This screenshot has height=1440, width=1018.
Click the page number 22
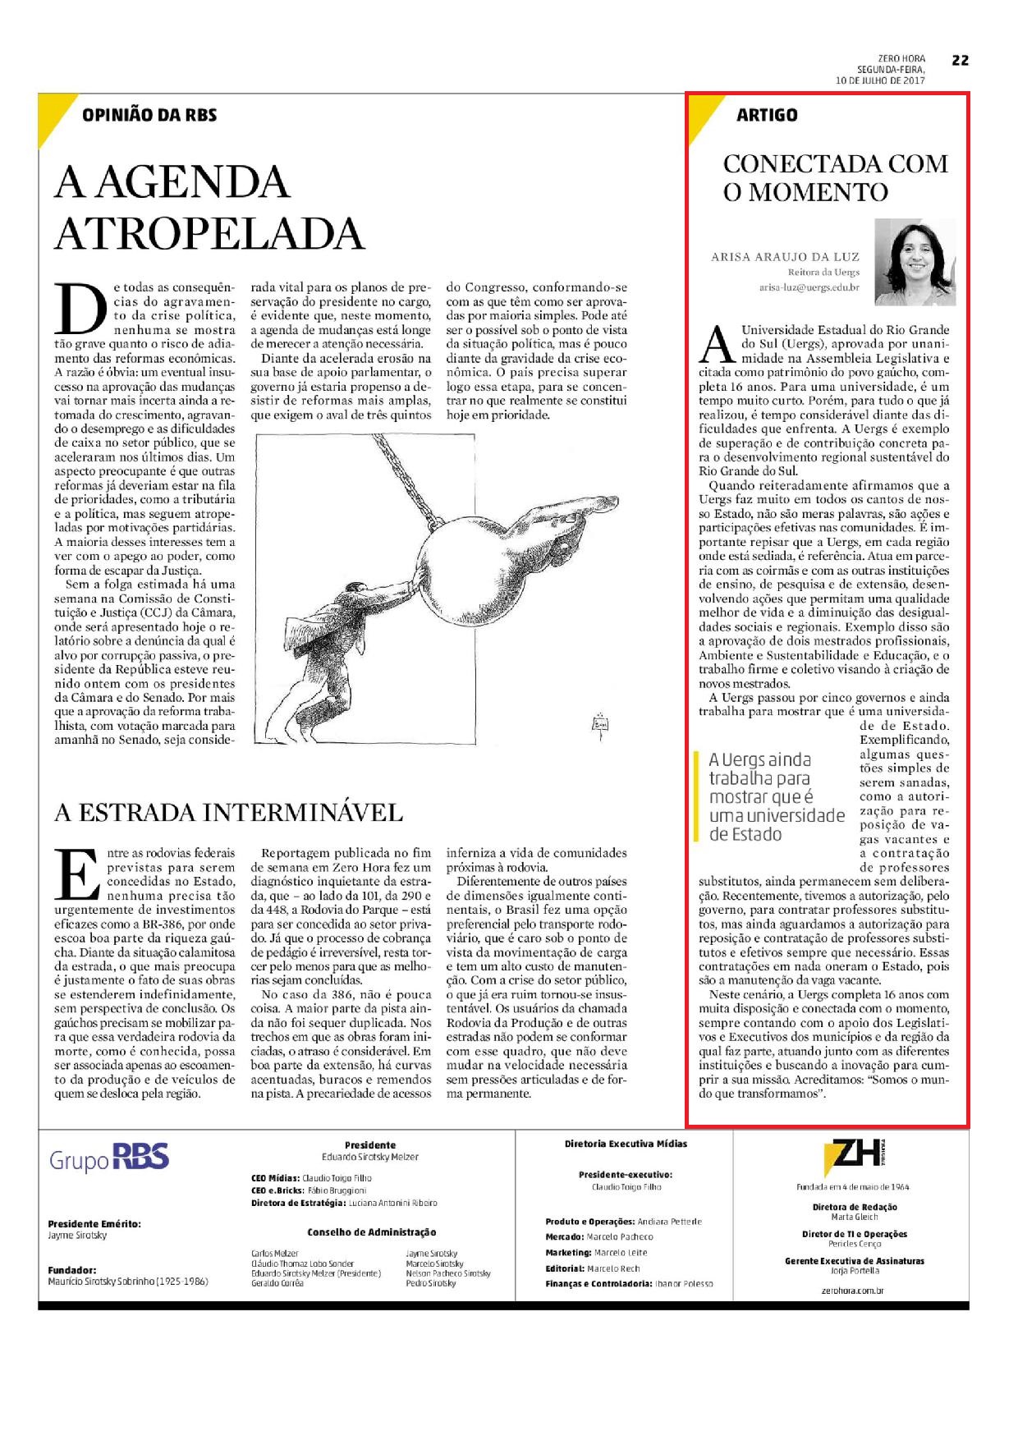pyautogui.click(x=960, y=60)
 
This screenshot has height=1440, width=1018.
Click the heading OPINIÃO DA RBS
pyautogui.click(x=149, y=115)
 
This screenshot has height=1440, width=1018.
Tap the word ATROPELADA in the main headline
pyautogui.click(x=209, y=233)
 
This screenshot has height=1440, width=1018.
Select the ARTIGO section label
pyautogui.click(x=767, y=115)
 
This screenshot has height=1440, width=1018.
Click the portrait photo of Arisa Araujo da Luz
pyautogui.click(x=915, y=261)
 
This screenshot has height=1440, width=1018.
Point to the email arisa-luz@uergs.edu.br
pyautogui.click(x=809, y=287)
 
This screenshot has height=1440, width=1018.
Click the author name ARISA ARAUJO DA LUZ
pyautogui.click(x=785, y=257)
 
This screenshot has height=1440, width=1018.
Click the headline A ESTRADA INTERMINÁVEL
pyautogui.click(x=228, y=813)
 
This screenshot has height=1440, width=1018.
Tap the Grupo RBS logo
pyautogui.click(x=109, y=1158)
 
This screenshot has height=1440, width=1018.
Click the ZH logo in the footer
pyautogui.click(x=855, y=1158)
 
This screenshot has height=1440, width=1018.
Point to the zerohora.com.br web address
pyautogui.click(x=854, y=1290)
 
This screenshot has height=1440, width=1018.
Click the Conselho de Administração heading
pyautogui.click(x=371, y=1232)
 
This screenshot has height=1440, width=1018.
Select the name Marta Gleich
pyautogui.click(x=854, y=1217)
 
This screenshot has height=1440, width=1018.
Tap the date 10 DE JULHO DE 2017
pyautogui.click(x=880, y=80)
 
